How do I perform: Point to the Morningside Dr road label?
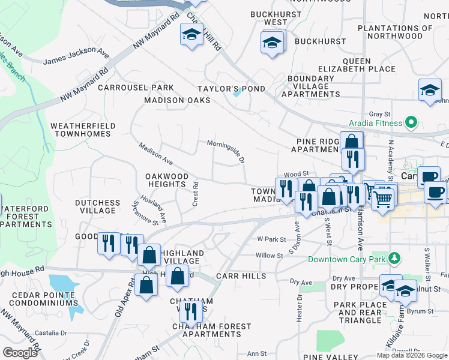pos(226,152)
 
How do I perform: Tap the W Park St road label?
pos(271,239)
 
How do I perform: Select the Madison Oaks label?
pos(177,100)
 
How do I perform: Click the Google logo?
pos(20,352)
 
